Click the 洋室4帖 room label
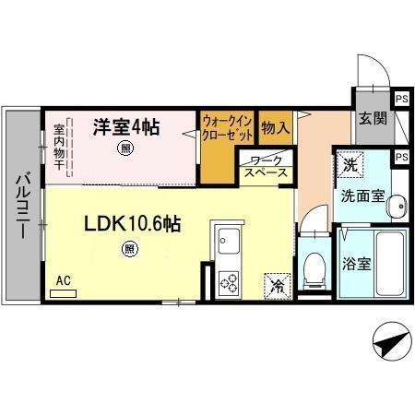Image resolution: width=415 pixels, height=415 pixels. [x=125, y=127]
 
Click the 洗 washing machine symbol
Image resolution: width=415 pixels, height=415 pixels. [x=349, y=163]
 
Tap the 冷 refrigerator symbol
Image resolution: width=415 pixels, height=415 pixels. [x=277, y=285]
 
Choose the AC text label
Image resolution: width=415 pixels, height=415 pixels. [x=64, y=279]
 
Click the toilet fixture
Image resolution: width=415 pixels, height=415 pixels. [x=313, y=267]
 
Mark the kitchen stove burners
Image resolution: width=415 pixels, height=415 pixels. [x=227, y=283]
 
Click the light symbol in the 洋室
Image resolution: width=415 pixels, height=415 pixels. [x=124, y=148]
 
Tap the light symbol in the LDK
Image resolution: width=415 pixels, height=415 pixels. [x=129, y=248]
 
